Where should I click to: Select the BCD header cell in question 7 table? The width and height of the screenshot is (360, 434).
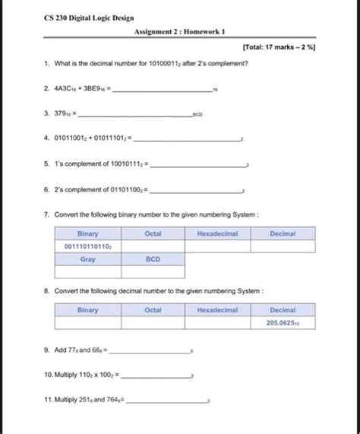tap(153, 259)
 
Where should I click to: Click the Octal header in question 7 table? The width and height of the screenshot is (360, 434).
tap(153, 233)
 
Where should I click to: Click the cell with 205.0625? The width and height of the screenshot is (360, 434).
tap(283, 323)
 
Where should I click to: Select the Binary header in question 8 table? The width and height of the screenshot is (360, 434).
tap(87, 310)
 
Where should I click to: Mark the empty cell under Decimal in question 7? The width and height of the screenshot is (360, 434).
tap(283, 246)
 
